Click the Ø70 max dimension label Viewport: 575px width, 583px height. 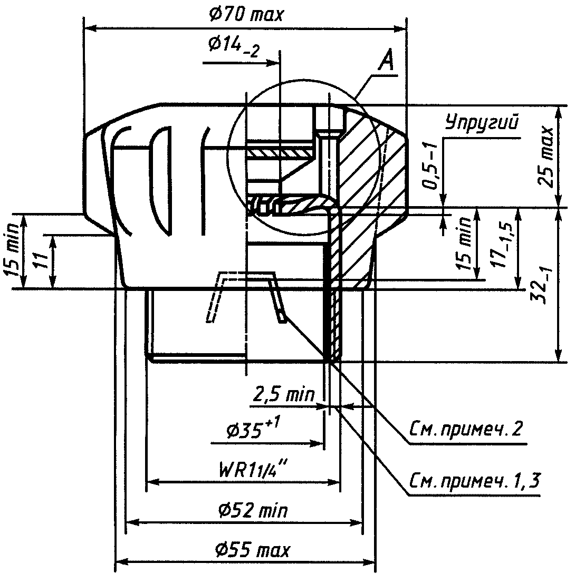point(246,15)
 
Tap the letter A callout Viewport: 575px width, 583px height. point(386,61)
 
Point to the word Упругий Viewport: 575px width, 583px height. point(482,122)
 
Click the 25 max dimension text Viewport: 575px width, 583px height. point(545,156)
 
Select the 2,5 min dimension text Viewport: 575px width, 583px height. point(284,394)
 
